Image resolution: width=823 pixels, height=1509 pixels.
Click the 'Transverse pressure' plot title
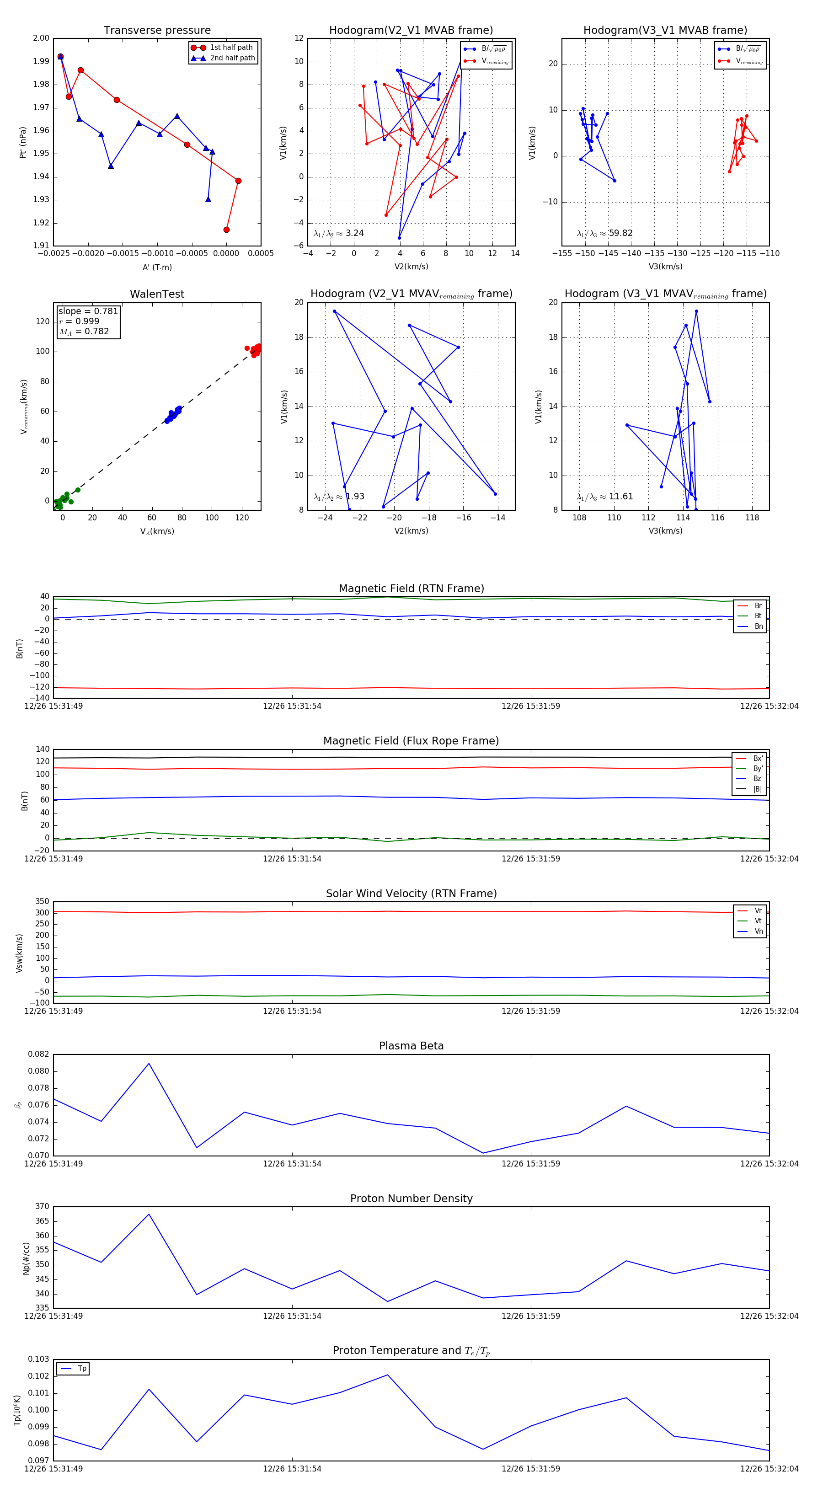click(157, 31)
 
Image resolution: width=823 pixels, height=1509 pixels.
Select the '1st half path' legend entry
click(231, 48)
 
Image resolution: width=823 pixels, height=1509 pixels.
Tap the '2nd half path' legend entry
click(232, 58)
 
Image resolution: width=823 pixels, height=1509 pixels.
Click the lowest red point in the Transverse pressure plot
click(226, 230)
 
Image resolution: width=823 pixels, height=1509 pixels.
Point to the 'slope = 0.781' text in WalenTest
click(88, 311)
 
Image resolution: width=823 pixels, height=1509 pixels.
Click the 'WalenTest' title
click(157, 294)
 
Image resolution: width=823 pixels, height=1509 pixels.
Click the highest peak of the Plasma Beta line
click(149, 1063)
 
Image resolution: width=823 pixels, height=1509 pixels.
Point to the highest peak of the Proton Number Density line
click(149, 1214)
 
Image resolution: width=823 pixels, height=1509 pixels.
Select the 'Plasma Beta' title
click(411, 1046)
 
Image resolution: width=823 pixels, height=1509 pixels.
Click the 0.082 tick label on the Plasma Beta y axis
click(39, 1054)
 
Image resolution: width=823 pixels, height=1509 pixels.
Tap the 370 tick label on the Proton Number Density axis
click(42, 1206)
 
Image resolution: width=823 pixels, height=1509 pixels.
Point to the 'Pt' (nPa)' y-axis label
click(23, 142)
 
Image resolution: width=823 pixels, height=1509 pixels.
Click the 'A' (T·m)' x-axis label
click(157, 267)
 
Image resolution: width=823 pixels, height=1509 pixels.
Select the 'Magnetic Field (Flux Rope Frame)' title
click(411, 741)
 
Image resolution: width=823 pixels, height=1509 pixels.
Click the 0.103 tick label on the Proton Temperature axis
click(39, 1359)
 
